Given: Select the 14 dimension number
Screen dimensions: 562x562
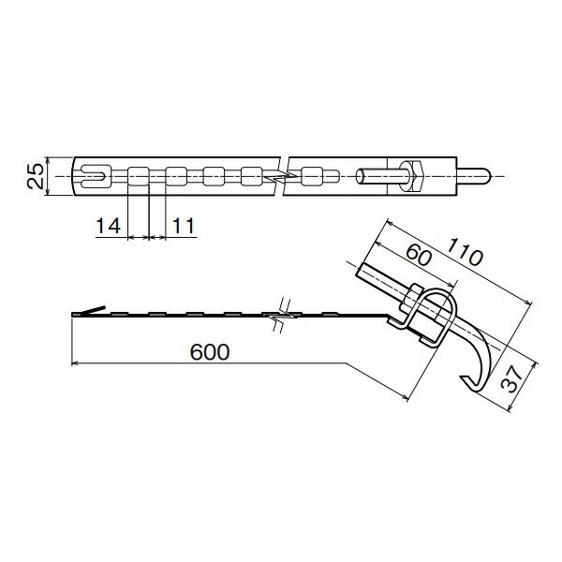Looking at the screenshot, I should [109, 225].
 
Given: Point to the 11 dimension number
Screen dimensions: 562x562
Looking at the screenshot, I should [185, 225].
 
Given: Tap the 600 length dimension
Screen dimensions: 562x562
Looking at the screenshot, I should [210, 351].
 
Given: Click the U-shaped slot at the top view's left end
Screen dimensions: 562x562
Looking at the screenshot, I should [92, 174].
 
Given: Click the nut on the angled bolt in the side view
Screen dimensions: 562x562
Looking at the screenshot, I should [411, 299].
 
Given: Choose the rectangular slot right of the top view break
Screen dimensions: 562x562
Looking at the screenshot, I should [311, 175].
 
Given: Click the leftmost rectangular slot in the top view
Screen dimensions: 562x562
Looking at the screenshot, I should [138, 175].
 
